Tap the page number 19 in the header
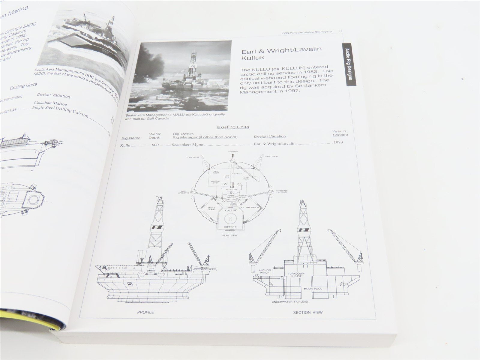[x=341, y=31]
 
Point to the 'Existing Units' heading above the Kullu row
[x=232, y=127]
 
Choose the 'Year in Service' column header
[x=340, y=133]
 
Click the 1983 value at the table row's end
[x=338, y=143]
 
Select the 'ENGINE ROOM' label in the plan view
[x=211, y=208]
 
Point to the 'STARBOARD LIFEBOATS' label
[x=282, y=191]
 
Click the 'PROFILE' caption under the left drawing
[x=145, y=312]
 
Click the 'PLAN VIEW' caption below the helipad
[x=230, y=235]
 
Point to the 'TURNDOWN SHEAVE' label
[x=296, y=275]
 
